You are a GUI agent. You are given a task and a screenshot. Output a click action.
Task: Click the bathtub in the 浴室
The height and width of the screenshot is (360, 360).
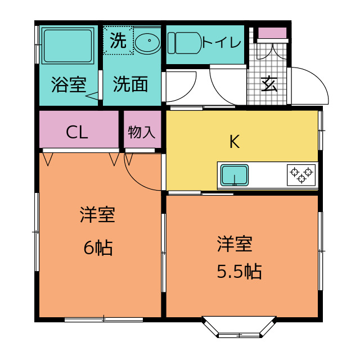68,46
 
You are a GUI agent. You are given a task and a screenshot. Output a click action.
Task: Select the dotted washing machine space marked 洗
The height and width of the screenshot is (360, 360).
118,40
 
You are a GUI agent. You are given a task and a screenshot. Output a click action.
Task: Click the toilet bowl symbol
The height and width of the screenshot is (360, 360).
184,43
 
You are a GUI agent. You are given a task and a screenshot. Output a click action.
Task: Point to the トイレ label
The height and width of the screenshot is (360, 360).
222,42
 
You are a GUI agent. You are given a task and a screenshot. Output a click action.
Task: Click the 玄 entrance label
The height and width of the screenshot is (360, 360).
269,84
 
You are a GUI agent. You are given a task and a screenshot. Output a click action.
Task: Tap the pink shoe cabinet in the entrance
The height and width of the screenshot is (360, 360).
272,33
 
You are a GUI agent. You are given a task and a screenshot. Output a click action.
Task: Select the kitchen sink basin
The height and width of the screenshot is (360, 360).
235,175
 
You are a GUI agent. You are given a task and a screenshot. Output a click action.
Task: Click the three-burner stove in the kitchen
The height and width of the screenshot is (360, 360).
301,175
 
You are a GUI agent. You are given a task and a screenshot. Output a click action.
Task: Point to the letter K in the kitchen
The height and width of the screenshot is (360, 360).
235,142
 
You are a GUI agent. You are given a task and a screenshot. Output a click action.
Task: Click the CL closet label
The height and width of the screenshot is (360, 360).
77,132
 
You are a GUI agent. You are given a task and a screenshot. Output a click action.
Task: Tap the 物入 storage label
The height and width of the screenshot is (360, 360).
142,132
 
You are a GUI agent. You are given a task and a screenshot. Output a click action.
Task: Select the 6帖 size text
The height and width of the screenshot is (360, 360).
98,247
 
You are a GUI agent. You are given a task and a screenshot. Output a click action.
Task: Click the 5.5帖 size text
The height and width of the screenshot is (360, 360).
239,271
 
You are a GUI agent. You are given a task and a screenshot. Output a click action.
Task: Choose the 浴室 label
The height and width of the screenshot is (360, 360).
69,84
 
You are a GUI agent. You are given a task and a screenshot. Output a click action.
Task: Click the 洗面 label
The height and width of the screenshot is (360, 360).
130,84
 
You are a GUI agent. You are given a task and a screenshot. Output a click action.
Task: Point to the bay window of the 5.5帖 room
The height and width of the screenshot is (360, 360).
239,328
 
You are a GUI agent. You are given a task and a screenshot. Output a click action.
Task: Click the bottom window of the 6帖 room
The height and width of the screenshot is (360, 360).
103,319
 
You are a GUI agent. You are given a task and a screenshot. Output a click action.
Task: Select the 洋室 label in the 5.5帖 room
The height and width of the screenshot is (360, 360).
235,244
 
